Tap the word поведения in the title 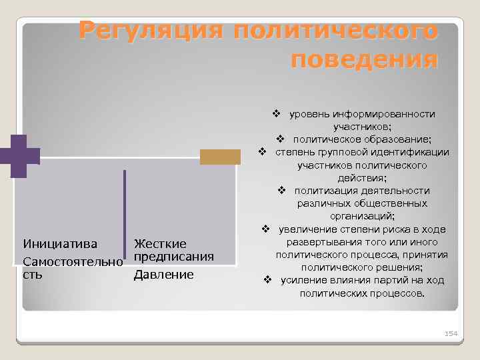coord(365,60)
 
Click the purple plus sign coord(19,156)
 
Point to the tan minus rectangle coord(221,156)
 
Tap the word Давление coord(163,274)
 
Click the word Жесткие coord(160,244)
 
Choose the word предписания coord(173,257)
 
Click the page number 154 coord(451,332)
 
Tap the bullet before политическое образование coord(281,139)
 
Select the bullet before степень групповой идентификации coord(263,152)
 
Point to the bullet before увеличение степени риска coord(265,229)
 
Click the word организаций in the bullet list coord(362,217)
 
